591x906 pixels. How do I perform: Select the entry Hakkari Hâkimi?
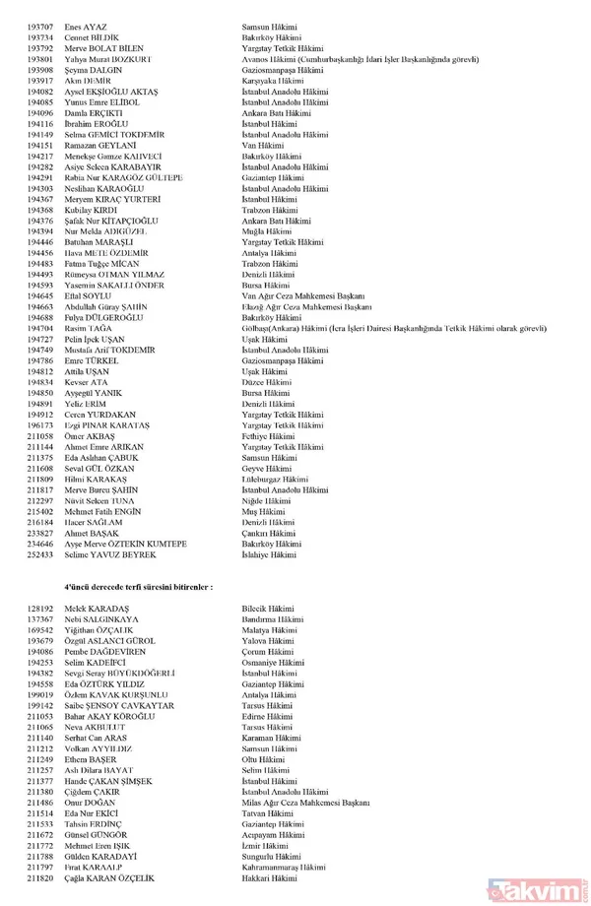pyautogui.click(x=272, y=879)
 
